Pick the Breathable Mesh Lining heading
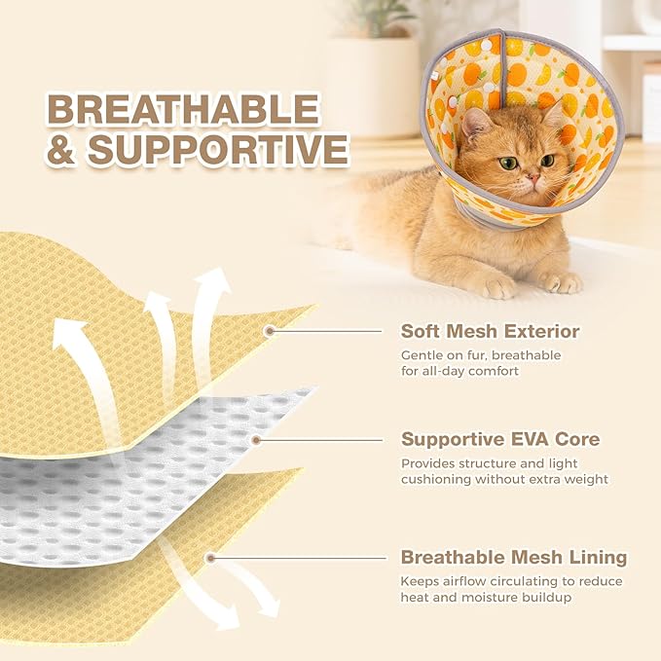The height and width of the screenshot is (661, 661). [514, 558]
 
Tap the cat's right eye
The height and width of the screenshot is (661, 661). [507, 163]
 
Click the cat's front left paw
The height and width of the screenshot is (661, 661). [563, 282]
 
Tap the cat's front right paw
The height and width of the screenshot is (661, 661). [496, 286]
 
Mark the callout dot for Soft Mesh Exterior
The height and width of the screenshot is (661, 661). [270, 331]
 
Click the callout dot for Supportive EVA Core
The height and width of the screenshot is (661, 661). [256, 439]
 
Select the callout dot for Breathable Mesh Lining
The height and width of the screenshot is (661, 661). [210, 558]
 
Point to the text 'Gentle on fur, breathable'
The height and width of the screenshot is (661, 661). [481, 355]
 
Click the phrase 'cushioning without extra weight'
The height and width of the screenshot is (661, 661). [504, 479]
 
